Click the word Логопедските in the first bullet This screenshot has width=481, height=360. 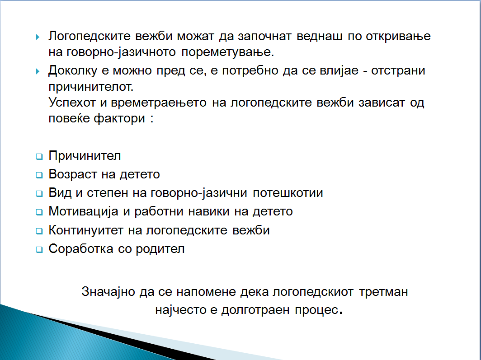point(90,37)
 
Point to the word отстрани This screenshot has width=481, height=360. point(398,71)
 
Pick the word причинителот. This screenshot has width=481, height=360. point(91,87)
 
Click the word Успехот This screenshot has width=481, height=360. point(72,102)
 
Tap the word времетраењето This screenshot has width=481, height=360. point(159,103)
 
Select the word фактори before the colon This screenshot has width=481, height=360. point(119,118)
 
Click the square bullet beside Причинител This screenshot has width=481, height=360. point(39,157)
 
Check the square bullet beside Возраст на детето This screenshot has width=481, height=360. point(39,175)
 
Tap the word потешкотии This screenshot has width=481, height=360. point(288,193)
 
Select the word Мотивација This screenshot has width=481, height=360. point(84,211)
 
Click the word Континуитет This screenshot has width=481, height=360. point(86,230)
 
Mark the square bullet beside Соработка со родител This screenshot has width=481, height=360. point(39,249)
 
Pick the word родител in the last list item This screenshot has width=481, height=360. point(160,249)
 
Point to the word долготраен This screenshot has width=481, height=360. point(255,310)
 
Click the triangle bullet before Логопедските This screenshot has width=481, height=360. point(38,37)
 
